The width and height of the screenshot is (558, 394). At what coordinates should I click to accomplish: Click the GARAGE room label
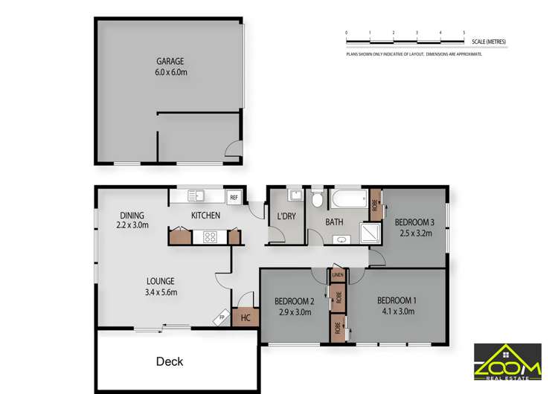(x=170, y=61)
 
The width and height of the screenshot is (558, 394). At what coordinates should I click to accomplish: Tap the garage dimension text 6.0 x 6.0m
(x=170, y=73)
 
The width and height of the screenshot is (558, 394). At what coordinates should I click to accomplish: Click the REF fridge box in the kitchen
(x=234, y=197)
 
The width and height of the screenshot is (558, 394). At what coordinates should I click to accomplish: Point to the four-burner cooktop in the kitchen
(x=209, y=238)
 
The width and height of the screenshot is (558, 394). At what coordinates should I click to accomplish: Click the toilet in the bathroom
(x=317, y=198)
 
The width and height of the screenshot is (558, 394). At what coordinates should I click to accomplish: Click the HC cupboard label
(x=244, y=317)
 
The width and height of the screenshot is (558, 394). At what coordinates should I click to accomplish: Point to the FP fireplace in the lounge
(x=222, y=318)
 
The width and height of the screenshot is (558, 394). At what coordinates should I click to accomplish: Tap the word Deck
(x=169, y=361)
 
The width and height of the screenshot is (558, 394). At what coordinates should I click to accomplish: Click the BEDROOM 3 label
(x=414, y=222)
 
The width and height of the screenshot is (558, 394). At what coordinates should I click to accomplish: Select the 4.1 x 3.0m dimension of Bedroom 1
(x=397, y=312)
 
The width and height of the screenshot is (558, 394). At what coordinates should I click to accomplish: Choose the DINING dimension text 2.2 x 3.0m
(x=133, y=225)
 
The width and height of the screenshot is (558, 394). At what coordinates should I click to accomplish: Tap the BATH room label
(x=333, y=222)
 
